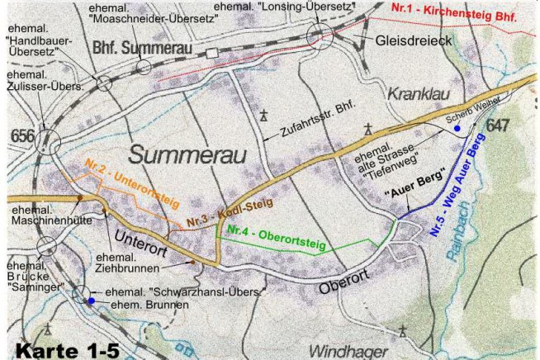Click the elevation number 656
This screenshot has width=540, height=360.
click(x=21, y=135)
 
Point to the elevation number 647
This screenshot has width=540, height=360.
click(x=498, y=126)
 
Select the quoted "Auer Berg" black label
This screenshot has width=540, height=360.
click(x=415, y=182)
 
